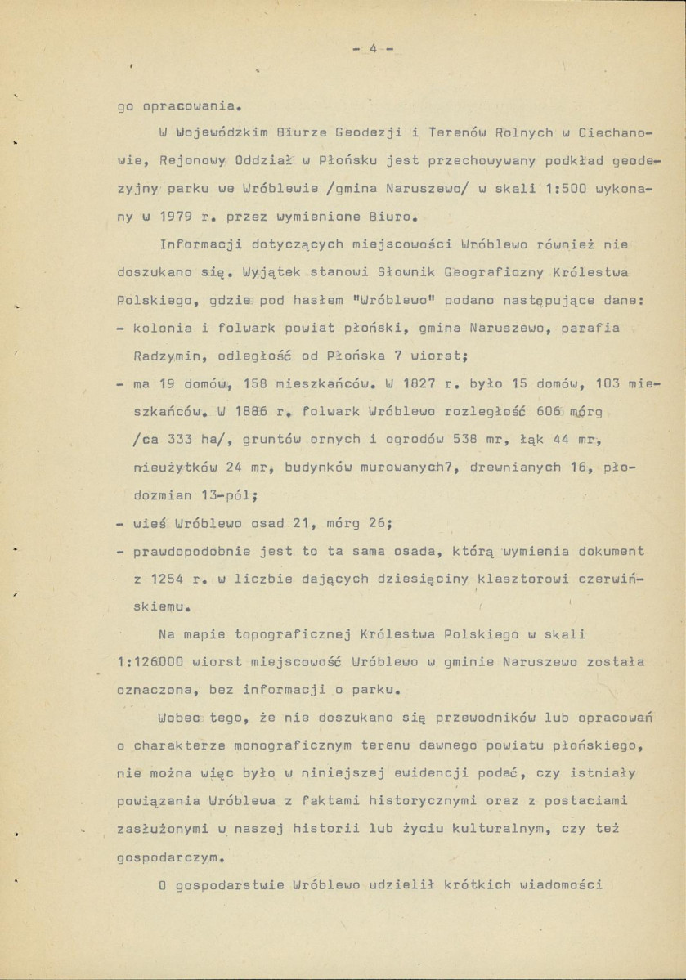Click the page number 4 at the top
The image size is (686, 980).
[x=372, y=48]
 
